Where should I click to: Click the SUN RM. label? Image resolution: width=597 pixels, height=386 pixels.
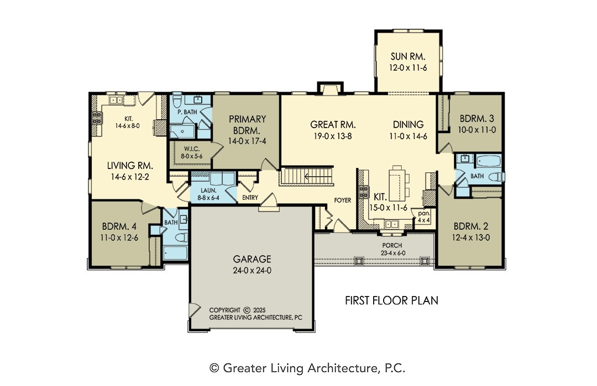pos(408,57)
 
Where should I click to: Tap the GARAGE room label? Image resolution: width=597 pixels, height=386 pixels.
pos(252,259)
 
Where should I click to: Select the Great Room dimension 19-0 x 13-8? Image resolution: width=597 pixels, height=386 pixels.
pos(332,136)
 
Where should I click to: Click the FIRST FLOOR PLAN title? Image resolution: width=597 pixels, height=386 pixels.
pos(391,300)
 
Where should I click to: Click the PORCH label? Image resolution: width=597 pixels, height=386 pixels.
pos(392,246)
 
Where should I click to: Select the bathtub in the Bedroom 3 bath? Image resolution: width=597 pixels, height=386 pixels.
pos(488,161)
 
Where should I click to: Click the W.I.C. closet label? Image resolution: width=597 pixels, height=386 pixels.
pos(191,149)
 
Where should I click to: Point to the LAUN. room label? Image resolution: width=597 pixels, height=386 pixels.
pos(208,190)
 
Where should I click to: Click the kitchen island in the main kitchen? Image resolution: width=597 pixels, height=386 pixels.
pos(397,183)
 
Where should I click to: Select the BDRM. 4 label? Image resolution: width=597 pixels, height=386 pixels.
pos(119,226)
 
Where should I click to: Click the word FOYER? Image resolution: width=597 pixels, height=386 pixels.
pos(343,200)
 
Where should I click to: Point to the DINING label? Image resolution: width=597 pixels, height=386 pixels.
pos(408,124)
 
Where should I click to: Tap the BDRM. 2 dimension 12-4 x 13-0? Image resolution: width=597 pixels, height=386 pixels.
pos(471,237)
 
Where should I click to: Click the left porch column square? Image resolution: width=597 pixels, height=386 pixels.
pos(358,261)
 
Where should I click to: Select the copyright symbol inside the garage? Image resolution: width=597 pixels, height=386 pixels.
pos(247,310)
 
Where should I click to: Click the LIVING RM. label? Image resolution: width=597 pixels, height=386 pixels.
pos(130,166)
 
